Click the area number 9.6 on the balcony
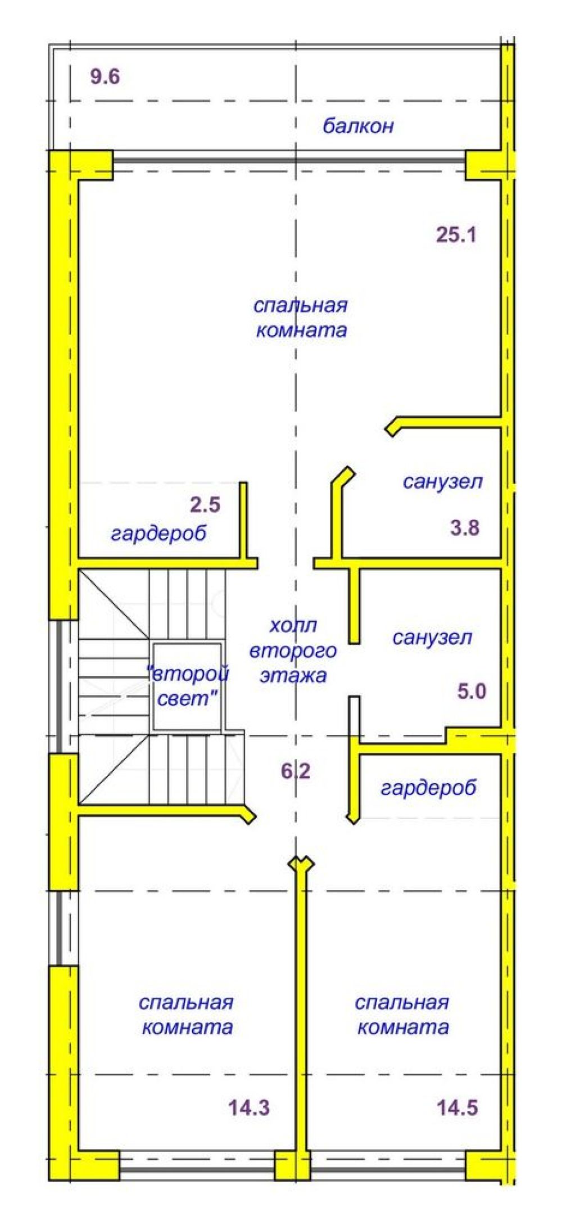click(x=105, y=76)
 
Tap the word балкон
click(x=358, y=126)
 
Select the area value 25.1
click(x=456, y=234)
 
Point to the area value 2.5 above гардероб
click(x=205, y=505)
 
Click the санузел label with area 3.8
click(x=442, y=481)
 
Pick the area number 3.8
click(x=465, y=528)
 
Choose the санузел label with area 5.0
click(x=432, y=637)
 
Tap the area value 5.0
click(x=471, y=691)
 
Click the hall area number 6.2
click(x=296, y=771)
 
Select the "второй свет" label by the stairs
click(x=187, y=686)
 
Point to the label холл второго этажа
click(x=293, y=650)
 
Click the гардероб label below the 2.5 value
click(x=158, y=533)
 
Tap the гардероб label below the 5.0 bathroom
click(x=428, y=788)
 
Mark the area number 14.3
click(x=249, y=1108)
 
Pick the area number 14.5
click(x=457, y=1108)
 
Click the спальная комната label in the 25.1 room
click(x=301, y=318)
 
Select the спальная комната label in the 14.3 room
click(x=186, y=1015)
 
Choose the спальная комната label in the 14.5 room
click(x=402, y=1015)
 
